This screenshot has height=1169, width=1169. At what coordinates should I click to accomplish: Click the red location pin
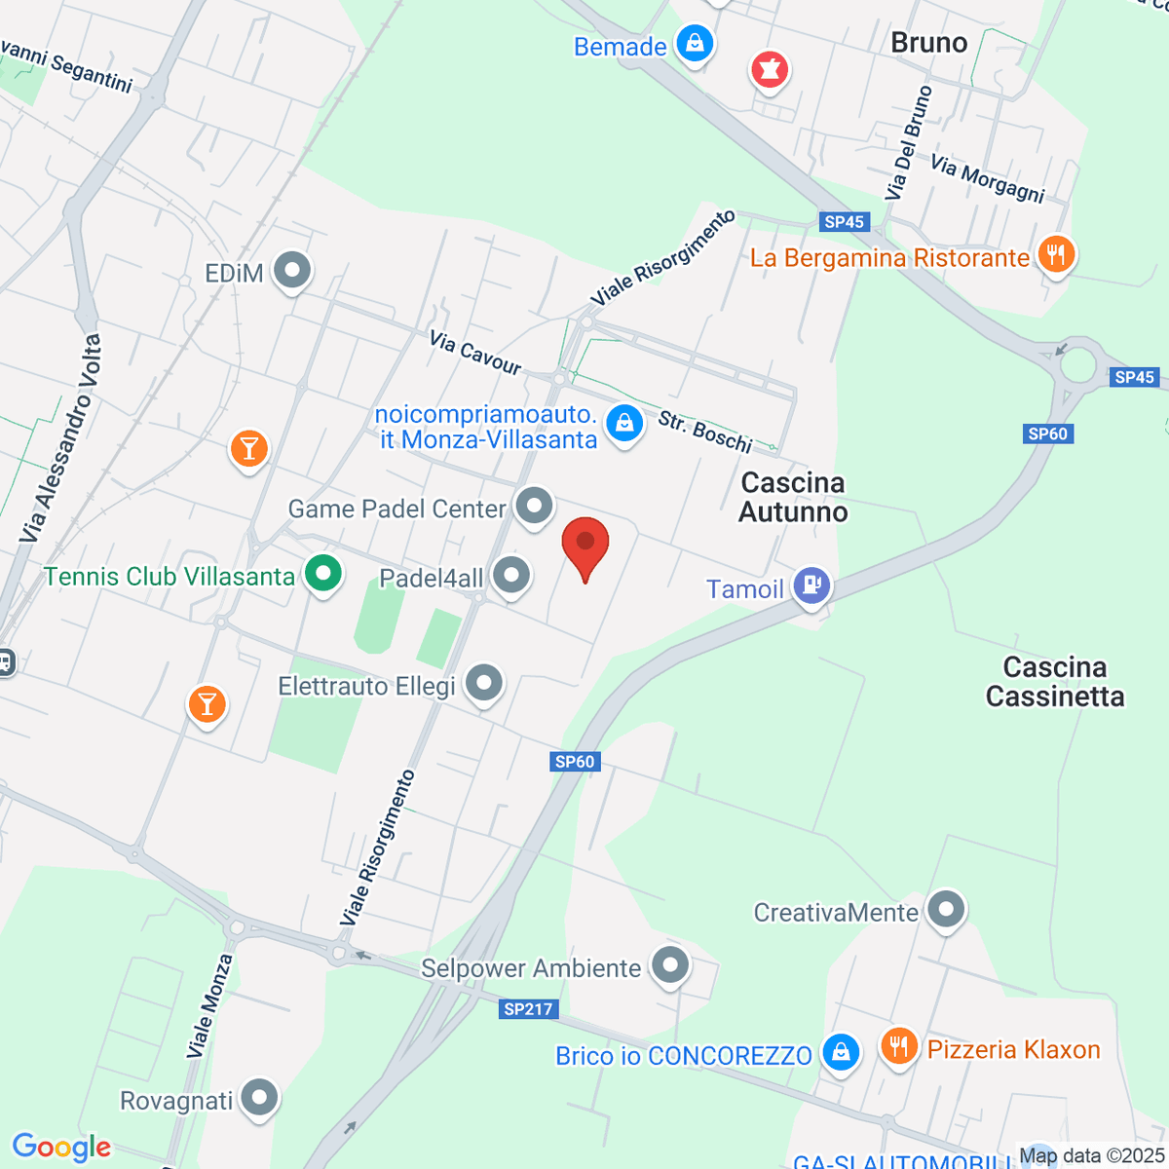(x=585, y=545)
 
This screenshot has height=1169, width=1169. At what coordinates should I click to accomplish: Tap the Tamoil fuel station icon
(x=811, y=586)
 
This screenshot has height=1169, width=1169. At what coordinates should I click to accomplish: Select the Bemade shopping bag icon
(x=695, y=44)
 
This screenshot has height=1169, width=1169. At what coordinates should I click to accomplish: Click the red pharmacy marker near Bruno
(x=769, y=69)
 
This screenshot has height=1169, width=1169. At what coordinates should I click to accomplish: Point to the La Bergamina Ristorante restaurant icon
(x=1056, y=255)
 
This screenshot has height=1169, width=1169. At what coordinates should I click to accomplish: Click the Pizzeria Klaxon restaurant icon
(x=898, y=1047)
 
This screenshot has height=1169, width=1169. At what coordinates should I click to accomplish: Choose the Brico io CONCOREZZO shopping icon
(x=840, y=1052)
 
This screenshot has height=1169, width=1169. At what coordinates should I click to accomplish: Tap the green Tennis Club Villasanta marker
(x=322, y=573)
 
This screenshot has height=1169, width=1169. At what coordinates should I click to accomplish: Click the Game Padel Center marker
(x=534, y=506)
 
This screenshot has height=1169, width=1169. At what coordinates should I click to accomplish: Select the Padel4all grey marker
(x=511, y=576)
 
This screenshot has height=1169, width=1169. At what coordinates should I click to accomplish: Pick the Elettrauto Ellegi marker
(x=484, y=683)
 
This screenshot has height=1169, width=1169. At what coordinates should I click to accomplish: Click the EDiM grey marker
(x=291, y=271)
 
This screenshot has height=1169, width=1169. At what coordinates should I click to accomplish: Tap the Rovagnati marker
(x=259, y=1098)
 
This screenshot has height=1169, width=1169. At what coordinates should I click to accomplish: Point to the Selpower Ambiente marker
(x=670, y=965)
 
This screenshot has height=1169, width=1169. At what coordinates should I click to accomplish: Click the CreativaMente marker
(x=945, y=910)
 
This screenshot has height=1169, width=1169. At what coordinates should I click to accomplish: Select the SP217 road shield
(x=528, y=1009)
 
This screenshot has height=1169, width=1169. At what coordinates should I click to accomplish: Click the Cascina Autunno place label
(x=793, y=497)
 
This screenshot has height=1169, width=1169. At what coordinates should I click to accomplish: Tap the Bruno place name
(x=928, y=43)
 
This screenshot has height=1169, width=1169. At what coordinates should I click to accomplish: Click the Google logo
(x=61, y=1148)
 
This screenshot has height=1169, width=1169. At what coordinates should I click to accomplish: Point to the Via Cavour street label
(x=475, y=353)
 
